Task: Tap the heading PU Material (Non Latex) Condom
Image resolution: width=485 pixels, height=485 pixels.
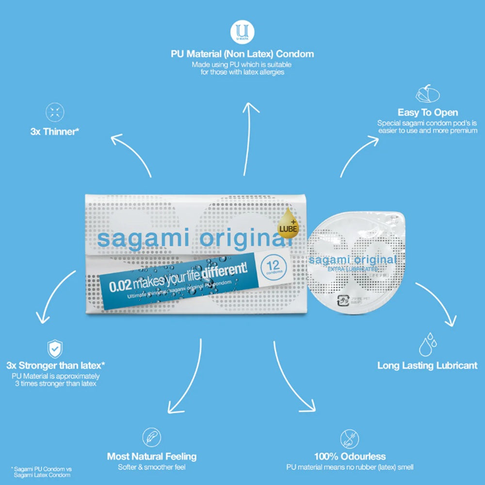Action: coord(242,54)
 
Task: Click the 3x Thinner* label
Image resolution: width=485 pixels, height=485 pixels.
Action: coord(55,131)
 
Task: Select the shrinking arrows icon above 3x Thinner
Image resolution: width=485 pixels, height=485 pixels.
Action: coord(55,113)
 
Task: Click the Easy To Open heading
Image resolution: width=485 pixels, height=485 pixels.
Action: coord(427,113)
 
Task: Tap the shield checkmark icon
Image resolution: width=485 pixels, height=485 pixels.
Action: coord(55,349)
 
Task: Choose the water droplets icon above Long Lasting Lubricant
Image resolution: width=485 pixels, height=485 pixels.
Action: coord(428,344)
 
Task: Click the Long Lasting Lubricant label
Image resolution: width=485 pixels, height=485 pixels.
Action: coord(427,366)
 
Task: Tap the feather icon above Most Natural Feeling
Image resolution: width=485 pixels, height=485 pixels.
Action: coord(152,437)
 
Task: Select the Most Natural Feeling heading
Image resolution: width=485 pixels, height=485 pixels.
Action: coord(152,456)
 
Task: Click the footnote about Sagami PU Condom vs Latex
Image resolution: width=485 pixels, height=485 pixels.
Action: coord(41,472)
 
